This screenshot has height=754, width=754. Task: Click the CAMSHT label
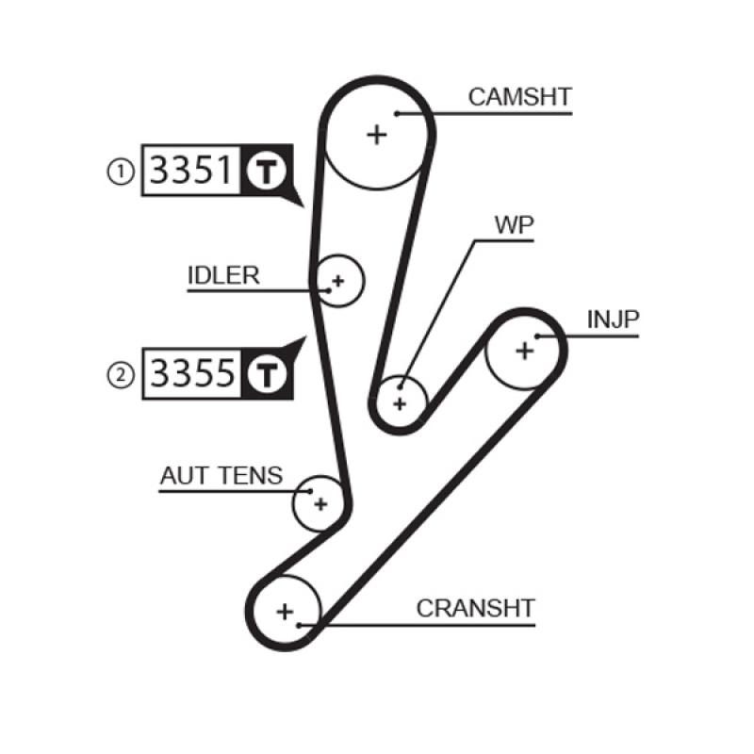coord(519,97)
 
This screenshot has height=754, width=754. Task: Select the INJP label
coord(613,320)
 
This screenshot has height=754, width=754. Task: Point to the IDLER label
coord(223,274)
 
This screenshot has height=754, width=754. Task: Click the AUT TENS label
coord(221,476)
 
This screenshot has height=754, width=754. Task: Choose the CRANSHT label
coord(475,608)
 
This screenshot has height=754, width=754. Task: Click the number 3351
coord(192,171)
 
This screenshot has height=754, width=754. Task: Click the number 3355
coord(192,374)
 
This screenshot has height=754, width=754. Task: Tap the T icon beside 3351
coord(266,171)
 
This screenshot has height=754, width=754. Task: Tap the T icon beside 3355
coord(266,374)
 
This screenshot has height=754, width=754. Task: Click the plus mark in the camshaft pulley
coord(377,134)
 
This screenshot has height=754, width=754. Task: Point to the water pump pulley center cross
coord(400,403)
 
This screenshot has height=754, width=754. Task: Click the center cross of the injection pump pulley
coord(524,351)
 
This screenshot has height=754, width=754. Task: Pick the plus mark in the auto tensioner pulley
coord(320,503)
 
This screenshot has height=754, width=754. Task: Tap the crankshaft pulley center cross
coord(285,611)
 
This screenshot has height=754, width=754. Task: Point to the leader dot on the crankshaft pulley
coord(299,623)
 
